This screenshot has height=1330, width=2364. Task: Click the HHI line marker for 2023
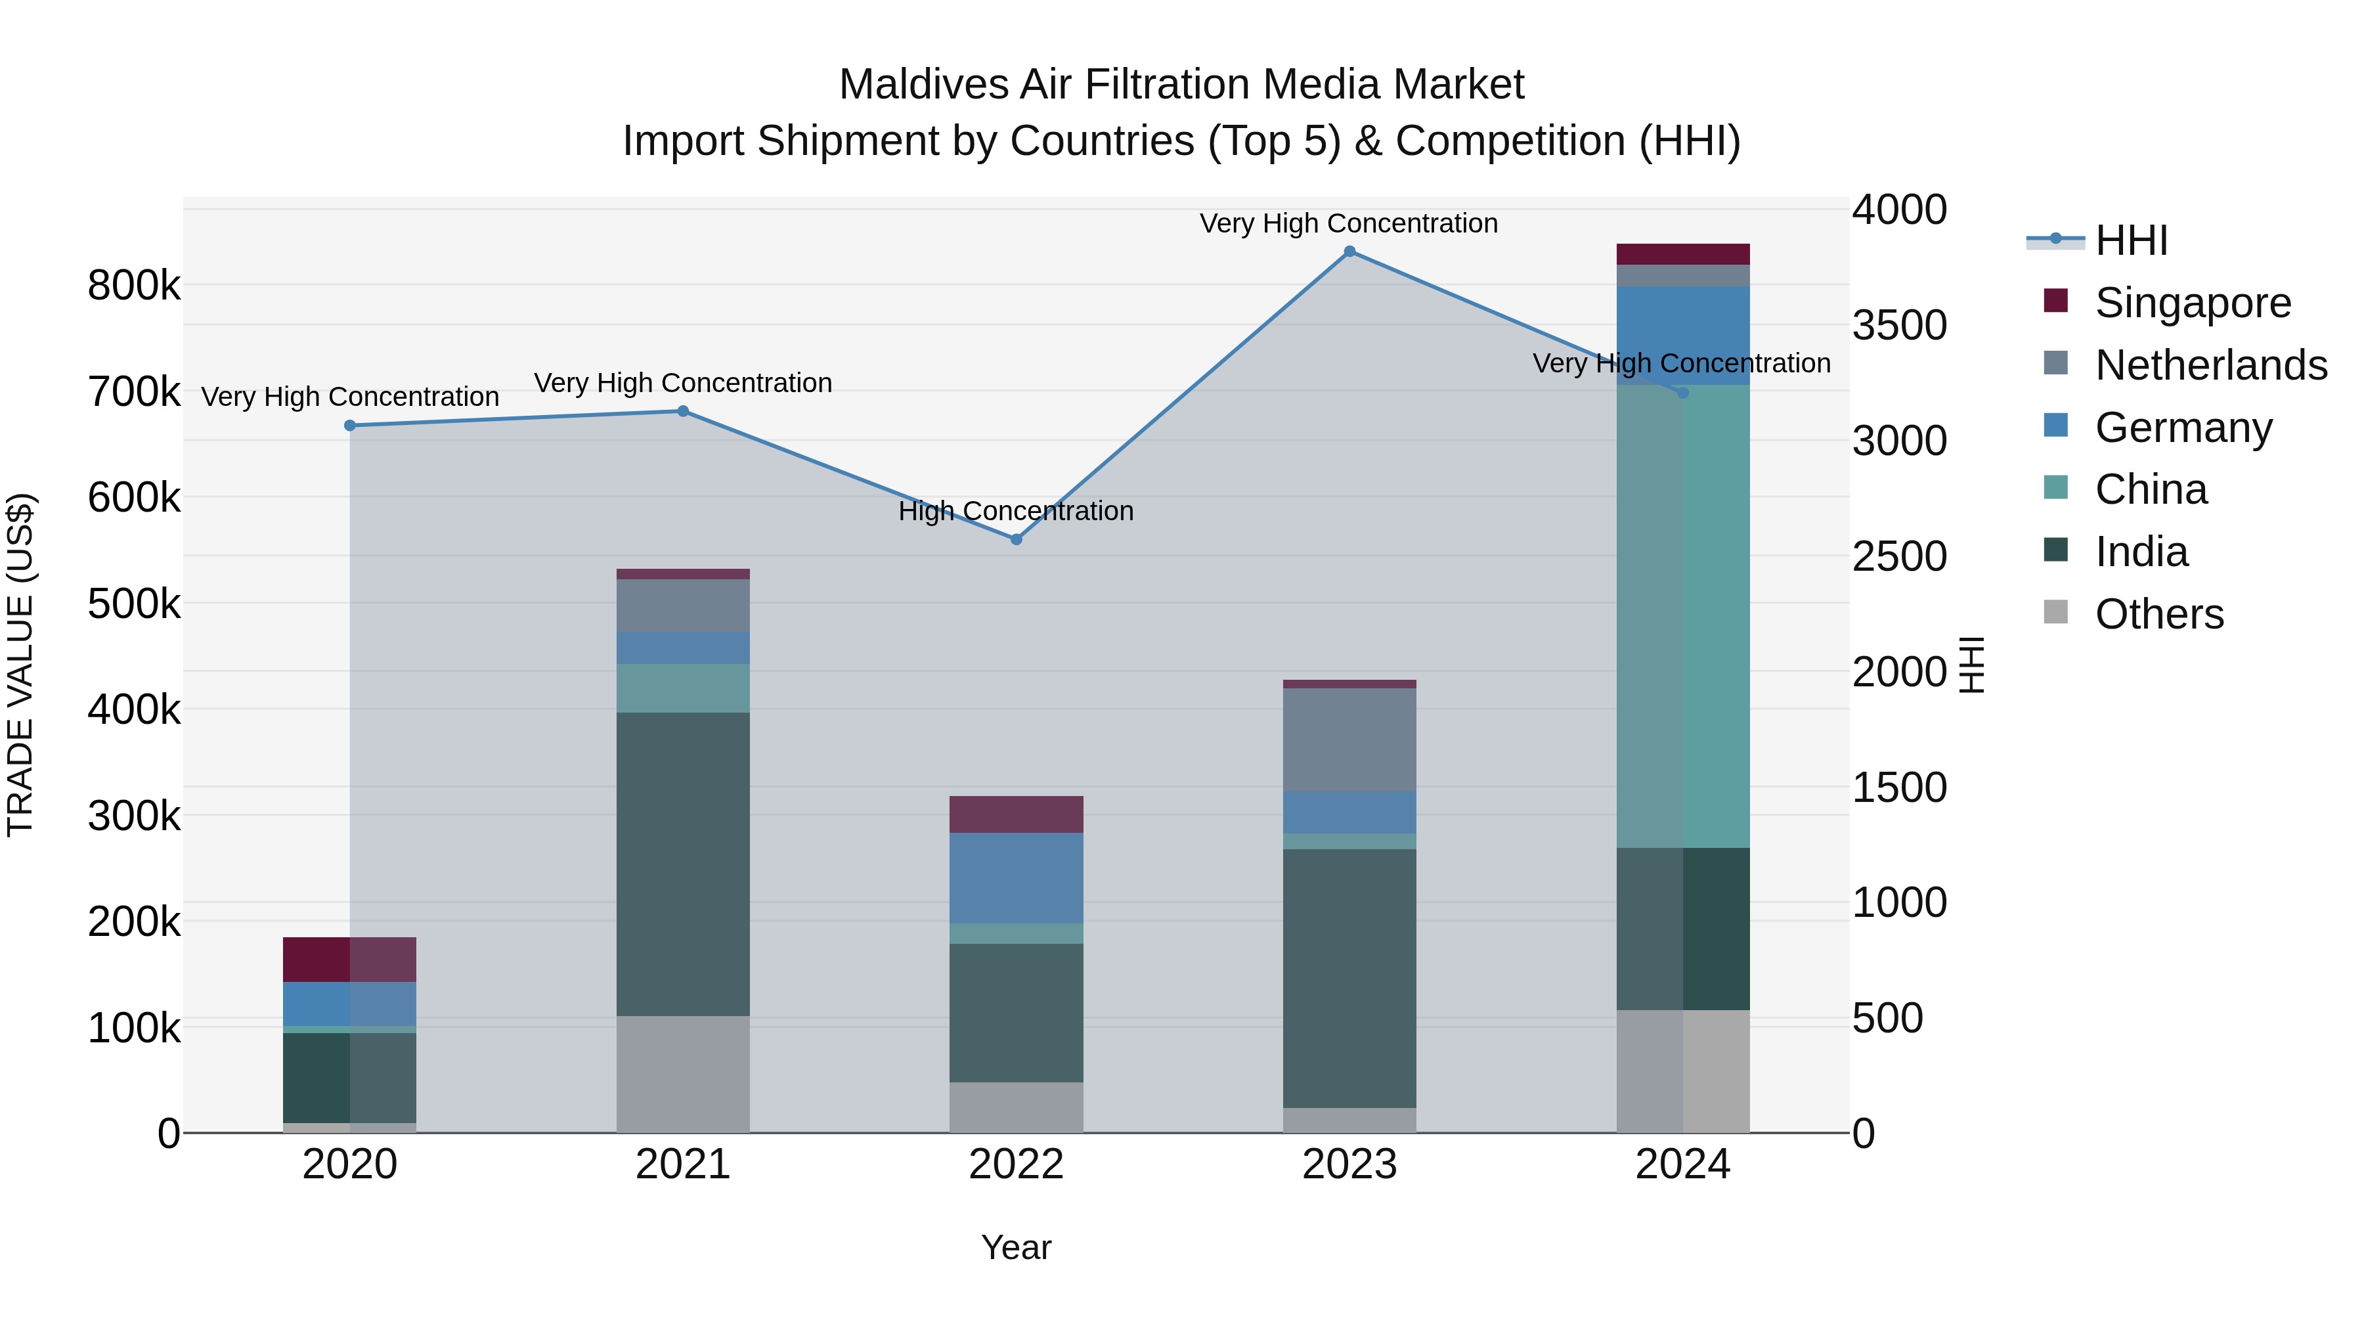click(1349, 252)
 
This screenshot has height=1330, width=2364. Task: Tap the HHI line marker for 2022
click(1016, 540)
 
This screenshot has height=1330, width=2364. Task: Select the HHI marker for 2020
click(349, 426)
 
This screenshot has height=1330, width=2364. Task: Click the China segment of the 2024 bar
click(1682, 615)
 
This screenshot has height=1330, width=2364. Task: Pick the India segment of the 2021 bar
click(683, 863)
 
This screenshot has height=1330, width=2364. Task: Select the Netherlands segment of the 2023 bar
click(1349, 739)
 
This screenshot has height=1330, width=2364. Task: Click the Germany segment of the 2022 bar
click(1016, 877)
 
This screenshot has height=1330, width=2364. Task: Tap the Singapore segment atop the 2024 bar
click(1682, 254)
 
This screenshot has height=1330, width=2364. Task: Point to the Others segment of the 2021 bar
click(683, 1074)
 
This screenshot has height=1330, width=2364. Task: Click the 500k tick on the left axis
click(134, 604)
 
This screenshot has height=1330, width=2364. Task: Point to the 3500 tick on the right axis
click(1898, 325)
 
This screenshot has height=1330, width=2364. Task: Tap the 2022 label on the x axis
click(1016, 1164)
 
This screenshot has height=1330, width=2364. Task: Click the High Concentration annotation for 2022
click(1016, 510)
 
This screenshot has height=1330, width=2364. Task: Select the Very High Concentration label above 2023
click(1348, 223)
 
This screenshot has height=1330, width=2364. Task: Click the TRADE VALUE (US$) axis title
click(20, 665)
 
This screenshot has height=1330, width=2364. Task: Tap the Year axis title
click(1016, 1247)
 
